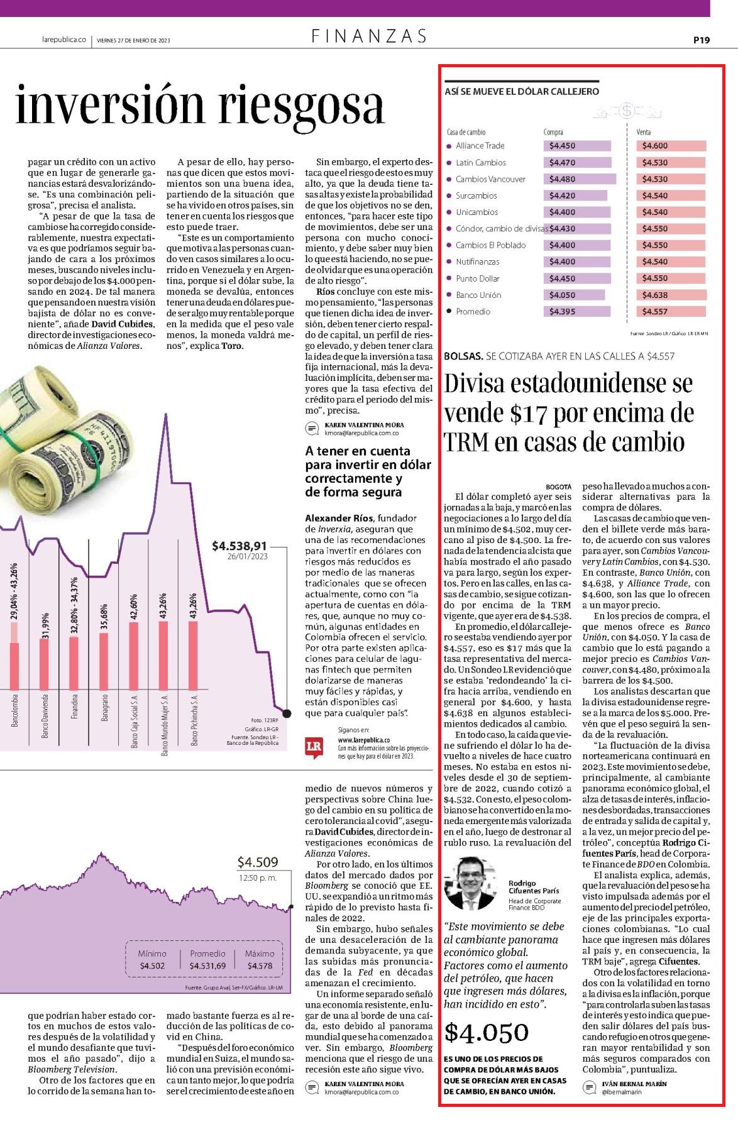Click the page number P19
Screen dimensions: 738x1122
[702, 40]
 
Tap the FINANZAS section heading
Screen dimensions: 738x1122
[369, 36]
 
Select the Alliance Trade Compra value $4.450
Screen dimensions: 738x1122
[562, 146]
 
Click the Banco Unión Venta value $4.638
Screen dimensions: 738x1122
[655, 295]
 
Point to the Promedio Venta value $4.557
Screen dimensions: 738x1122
[655, 312]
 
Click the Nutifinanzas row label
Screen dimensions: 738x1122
[478, 261]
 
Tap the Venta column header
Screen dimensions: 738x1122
[644, 132]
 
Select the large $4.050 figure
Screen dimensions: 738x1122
[487, 1032]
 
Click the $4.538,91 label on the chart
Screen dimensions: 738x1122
[240, 546]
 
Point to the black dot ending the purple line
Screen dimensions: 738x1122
[287, 713]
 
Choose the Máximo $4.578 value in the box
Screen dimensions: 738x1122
[260, 965]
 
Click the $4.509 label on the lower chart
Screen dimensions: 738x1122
[258, 862]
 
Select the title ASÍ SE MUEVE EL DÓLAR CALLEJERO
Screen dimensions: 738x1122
[522, 92]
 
